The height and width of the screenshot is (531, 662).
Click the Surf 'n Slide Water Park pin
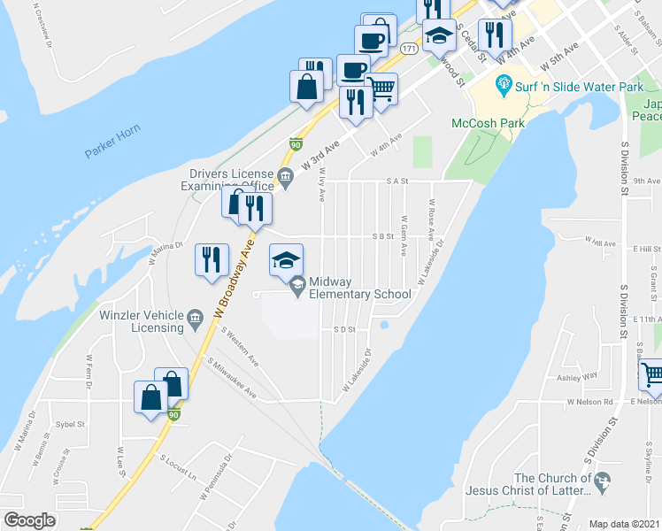tap(504, 87)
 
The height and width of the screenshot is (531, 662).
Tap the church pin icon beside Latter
tap(603, 483)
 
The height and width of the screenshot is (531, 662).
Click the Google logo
tap(29, 521)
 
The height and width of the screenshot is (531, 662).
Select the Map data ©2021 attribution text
tap(625, 523)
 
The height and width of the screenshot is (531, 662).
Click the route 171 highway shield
tap(408, 50)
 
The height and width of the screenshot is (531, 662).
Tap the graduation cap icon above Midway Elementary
tap(286, 259)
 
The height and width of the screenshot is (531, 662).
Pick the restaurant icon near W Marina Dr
tap(212, 259)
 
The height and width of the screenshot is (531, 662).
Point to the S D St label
tap(344, 329)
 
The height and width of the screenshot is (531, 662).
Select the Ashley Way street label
tap(577, 377)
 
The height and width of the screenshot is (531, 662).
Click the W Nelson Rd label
tap(591, 402)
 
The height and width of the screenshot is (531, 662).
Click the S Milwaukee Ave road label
tap(234, 379)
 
